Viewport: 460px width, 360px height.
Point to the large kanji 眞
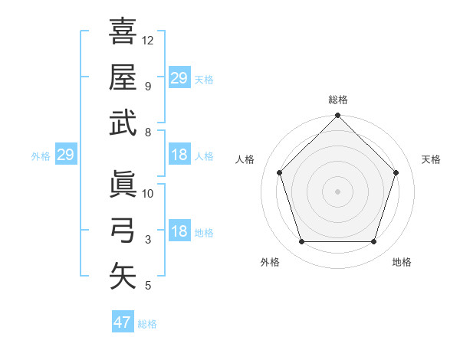[123, 185]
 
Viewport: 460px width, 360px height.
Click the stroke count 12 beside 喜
[148, 40]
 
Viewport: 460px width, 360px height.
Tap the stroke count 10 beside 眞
[148, 194]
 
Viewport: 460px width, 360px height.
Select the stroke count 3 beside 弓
[148, 240]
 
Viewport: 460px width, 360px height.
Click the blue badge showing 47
[123, 322]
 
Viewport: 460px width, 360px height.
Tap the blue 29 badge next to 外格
[65, 155]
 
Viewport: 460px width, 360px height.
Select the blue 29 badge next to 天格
[179, 78]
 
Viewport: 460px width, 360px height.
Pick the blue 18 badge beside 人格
[179, 155]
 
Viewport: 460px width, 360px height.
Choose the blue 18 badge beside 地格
[179, 232]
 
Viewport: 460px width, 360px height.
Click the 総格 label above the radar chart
[338, 100]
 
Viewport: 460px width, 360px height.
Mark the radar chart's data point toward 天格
[396, 172]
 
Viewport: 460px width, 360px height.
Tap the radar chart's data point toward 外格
[301, 242]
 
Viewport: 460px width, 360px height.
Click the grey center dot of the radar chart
[337, 191]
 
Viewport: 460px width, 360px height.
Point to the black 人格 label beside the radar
[246, 159]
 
